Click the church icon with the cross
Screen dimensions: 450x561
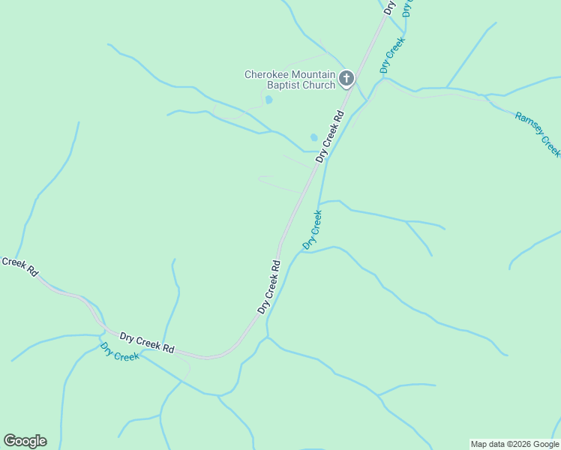(346, 79)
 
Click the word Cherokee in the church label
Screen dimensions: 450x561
(265, 74)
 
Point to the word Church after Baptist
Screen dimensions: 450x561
(317, 85)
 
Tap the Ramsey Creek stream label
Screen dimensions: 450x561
(538, 133)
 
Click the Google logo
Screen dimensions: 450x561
(25, 441)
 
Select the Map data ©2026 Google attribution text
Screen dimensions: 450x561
(514, 444)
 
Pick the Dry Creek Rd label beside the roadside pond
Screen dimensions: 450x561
(330, 136)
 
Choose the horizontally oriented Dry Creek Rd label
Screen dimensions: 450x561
(147, 343)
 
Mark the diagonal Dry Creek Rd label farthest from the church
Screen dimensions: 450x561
(268, 286)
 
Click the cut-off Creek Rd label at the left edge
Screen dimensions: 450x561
(19, 265)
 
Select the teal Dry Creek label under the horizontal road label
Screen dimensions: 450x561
(120, 352)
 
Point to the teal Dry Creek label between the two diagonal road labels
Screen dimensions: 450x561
(313, 229)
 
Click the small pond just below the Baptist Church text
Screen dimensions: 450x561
(268, 100)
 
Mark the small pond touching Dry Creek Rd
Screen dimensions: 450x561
(314, 137)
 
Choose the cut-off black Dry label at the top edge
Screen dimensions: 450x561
(388, 7)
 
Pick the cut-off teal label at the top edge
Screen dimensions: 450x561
(407, 7)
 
